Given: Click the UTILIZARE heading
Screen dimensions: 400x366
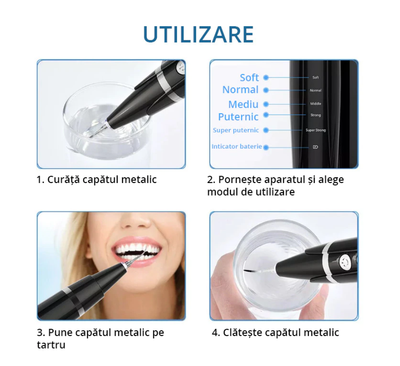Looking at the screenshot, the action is pyautogui.click(x=198, y=35).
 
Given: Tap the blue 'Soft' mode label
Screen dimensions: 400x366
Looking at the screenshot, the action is pyautogui.click(x=249, y=78).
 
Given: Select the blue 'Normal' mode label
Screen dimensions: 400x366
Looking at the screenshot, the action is pyautogui.click(x=241, y=90).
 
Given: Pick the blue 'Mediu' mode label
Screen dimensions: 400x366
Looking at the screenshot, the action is pyautogui.click(x=244, y=105).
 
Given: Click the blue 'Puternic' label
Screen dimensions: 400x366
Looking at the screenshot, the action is pyautogui.click(x=238, y=117).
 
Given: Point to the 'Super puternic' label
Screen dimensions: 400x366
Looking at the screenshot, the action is pyautogui.click(x=236, y=130).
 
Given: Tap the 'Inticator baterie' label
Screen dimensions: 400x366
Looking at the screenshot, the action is pyautogui.click(x=237, y=146).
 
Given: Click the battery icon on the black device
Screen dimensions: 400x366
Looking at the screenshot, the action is pyautogui.click(x=315, y=147).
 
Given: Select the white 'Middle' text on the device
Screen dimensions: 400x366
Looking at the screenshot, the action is pyautogui.click(x=315, y=104).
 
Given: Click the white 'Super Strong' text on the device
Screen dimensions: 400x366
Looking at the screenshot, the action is pyautogui.click(x=316, y=130).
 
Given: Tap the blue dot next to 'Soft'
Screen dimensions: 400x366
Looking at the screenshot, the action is pyautogui.click(x=266, y=78).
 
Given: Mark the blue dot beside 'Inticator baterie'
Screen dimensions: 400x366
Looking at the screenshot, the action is pyautogui.click(x=266, y=147).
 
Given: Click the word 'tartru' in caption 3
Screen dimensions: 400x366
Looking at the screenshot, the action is pyautogui.click(x=51, y=345).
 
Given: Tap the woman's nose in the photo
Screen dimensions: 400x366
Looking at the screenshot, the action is pyautogui.click(x=135, y=222).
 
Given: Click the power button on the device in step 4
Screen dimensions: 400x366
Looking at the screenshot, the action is pyautogui.click(x=344, y=261).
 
